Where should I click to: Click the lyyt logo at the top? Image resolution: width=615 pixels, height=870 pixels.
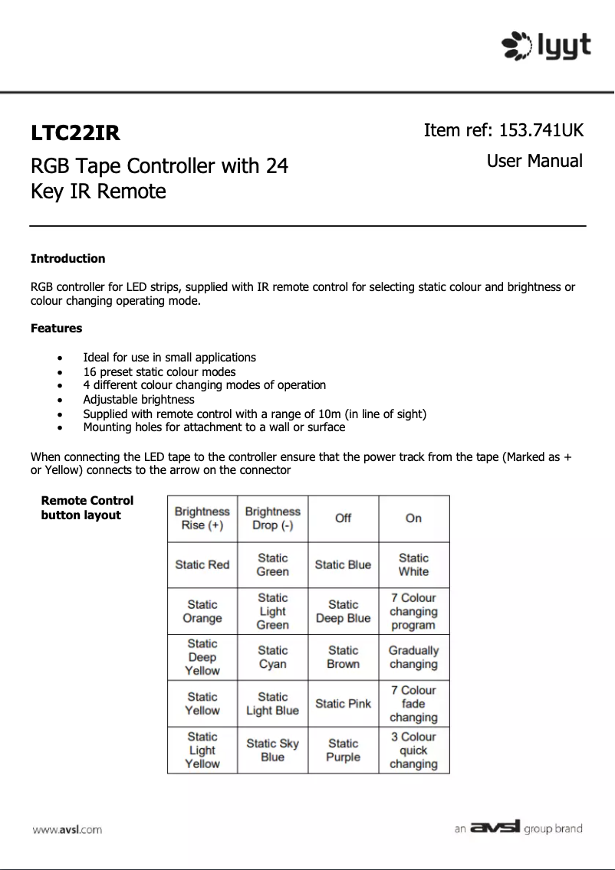[546, 45]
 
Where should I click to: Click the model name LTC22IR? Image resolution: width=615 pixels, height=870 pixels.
[75, 133]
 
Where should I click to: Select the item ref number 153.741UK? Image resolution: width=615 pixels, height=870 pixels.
[541, 130]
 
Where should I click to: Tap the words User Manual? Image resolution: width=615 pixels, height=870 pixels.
[534, 162]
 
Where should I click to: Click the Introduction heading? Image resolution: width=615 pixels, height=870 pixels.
[67, 259]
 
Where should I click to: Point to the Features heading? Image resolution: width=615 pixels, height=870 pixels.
[56, 329]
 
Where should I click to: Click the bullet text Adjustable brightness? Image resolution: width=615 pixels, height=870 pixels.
[139, 400]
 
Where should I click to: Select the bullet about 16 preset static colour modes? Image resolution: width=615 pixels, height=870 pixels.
[160, 372]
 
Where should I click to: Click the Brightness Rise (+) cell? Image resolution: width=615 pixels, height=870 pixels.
[202, 518]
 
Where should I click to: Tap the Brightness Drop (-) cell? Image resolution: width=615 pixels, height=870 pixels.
[272, 518]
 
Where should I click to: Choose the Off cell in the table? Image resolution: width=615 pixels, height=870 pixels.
[343, 518]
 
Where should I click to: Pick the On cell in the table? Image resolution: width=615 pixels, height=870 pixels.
[413, 518]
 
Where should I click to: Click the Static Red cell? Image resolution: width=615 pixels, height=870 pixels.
[202, 565]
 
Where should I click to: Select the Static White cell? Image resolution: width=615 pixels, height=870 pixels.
[413, 565]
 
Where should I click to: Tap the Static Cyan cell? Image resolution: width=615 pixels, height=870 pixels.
[272, 658]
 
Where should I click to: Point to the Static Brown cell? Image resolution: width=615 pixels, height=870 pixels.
[343, 658]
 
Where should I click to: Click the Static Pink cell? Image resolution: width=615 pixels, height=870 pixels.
[343, 704]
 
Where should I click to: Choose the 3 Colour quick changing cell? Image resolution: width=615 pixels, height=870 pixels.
[413, 751]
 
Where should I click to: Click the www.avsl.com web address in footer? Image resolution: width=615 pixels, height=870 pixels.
[67, 829]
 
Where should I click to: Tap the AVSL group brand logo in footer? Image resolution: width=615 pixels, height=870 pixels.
[518, 828]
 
